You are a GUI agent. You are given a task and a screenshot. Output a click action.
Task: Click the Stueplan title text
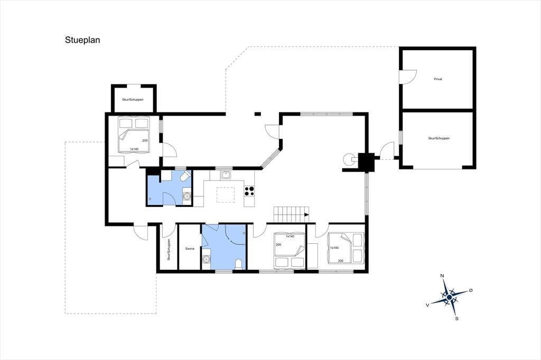tap(82, 40)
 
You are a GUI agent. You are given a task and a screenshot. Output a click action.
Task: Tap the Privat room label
tap(438, 79)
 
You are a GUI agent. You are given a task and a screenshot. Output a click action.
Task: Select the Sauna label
tap(190, 248)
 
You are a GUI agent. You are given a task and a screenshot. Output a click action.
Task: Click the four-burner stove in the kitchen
tap(249, 191)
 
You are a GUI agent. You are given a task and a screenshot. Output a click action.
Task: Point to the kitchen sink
tap(226, 175)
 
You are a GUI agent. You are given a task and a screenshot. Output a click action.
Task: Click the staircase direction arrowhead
tap(306, 215)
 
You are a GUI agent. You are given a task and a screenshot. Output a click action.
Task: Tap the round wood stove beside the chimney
tap(349, 158)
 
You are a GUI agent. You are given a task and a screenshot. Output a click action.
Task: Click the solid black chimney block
tap(366, 162)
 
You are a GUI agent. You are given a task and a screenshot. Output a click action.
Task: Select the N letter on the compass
tap(442, 276)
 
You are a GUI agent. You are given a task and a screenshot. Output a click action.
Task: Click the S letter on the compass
tap(457, 319)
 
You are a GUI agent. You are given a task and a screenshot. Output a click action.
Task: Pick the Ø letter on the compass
tap(471, 290)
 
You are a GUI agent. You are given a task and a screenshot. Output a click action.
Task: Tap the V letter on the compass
tap(427, 305)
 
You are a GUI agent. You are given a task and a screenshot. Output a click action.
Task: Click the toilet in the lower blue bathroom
tap(238, 264)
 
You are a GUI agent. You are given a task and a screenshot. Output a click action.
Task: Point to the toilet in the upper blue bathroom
tap(185, 176)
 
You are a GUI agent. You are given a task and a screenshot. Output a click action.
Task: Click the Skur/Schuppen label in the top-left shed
tap(133, 100)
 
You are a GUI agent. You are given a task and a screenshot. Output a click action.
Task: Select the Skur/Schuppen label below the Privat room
tap(439, 138)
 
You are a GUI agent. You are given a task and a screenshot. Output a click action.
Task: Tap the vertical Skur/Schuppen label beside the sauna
tap(169, 250)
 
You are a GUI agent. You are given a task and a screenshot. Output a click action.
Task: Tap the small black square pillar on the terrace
tap(258, 114)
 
